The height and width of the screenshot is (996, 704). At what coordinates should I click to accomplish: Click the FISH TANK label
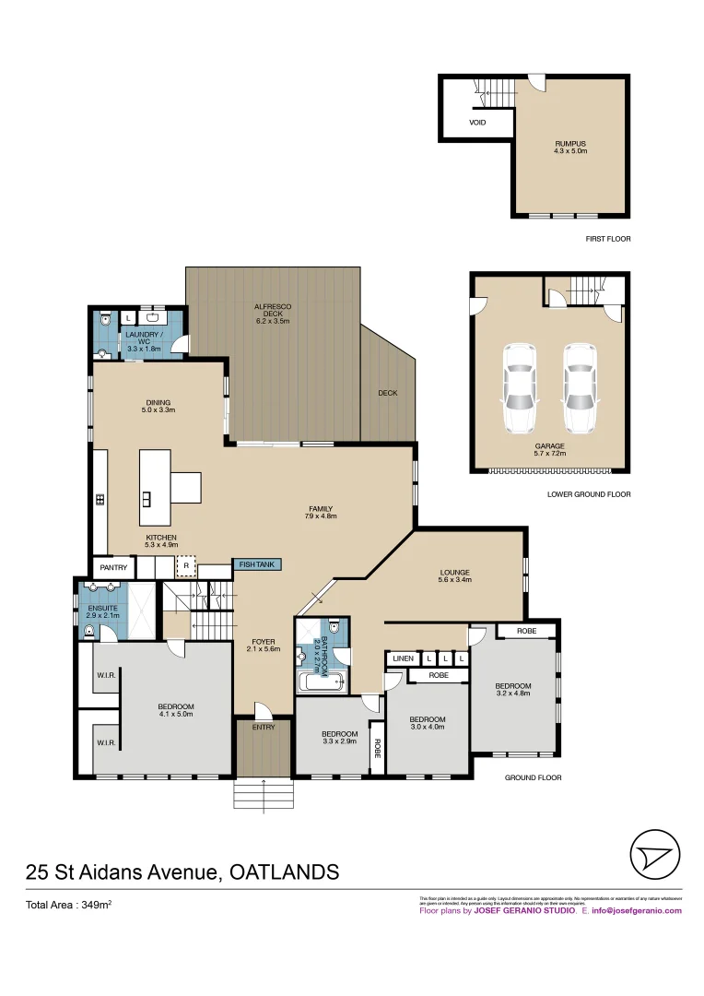pyautogui.click(x=257, y=564)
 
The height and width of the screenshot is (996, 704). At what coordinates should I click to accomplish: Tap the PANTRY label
pyautogui.click(x=113, y=567)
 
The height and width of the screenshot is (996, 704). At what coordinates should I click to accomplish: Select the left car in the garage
pyautogui.click(x=520, y=388)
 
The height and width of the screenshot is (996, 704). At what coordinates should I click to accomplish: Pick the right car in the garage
pyautogui.click(x=579, y=388)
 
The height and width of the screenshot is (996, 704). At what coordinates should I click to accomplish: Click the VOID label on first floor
pyautogui.click(x=477, y=122)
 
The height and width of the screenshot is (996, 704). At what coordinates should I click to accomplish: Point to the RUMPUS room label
pyautogui.click(x=570, y=144)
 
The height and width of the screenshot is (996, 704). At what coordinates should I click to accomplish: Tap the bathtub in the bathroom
pyautogui.click(x=320, y=683)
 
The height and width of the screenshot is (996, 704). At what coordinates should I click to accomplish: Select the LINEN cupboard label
pyautogui.click(x=403, y=658)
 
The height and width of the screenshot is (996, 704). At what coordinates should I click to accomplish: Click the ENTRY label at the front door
pyautogui.click(x=264, y=728)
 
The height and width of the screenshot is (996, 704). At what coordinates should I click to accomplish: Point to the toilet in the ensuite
pyautogui.click(x=88, y=632)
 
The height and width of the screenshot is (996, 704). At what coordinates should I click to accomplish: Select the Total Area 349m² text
pyautogui.click(x=68, y=906)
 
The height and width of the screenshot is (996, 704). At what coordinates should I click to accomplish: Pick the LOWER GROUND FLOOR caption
pyautogui.click(x=588, y=494)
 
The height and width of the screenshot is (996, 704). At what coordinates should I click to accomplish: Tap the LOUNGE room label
pyautogui.click(x=455, y=573)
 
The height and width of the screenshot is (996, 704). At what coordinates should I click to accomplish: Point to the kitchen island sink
pyautogui.click(x=147, y=500)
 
